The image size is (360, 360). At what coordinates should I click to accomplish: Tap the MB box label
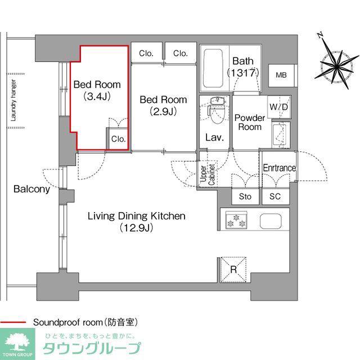click(x=281, y=75)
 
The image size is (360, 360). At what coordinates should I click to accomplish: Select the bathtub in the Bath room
click(x=213, y=68)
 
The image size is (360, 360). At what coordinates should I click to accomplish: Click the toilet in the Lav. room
click(x=215, y=110)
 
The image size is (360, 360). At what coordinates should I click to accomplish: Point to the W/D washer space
click(x=279, y=107)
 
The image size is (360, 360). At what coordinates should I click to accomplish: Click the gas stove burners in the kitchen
click(x=236, y=220)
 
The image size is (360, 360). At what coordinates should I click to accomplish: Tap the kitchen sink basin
click(x=271, y=221)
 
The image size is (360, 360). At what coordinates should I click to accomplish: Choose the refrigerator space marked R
click(x=233, y=269)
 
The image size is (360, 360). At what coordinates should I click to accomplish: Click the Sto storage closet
click(x=245, y=196)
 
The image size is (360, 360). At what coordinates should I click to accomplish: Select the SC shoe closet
click(x=275, y=196)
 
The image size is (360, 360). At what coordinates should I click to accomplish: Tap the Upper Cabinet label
click(x=208, y=174)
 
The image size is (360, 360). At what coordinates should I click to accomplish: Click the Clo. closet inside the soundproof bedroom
click(x=118, y=138)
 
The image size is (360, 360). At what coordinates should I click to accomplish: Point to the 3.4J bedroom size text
click(x=97, y=96)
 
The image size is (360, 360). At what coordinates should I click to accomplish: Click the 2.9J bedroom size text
click(x=163, y=111)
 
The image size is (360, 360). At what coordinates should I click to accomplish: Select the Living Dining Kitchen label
click(x=137, y=216)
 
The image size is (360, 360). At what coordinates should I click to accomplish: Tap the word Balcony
click(x=31, y=189)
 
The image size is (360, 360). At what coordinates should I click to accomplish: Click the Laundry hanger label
click(x=13, y=101)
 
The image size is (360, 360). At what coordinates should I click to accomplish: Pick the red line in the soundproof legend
click(x=13, y=322)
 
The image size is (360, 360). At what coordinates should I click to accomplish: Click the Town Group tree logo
click(x=17, y=342)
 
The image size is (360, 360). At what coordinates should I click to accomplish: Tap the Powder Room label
click(x=250, y=123)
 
